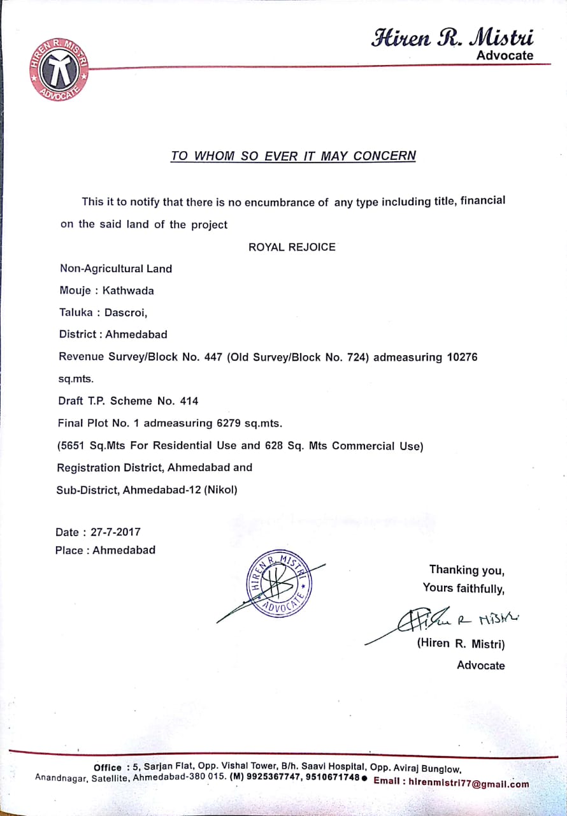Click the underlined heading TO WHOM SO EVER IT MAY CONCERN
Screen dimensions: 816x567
[293, 156]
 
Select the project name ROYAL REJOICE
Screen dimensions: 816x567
[292, 247]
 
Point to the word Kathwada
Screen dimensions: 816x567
[128, 291]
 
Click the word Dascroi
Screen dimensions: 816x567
[126, 312]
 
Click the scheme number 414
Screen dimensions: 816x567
[189, 401]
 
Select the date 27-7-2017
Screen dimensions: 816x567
[115, 532]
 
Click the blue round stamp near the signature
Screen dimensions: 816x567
[278, 581]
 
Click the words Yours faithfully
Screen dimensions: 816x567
[463, 588]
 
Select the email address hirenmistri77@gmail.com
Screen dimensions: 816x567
[468, 782]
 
